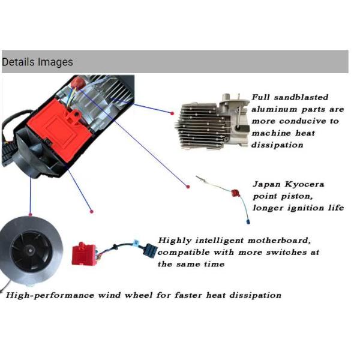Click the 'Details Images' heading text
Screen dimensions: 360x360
point(37,62)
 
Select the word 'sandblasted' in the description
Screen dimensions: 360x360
point(301,97)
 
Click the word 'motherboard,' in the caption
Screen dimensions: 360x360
point(279,241)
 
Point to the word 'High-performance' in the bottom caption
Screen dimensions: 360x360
point(50,295)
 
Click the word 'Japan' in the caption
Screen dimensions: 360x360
point(266,184)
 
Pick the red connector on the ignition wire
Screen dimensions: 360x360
point(235,193)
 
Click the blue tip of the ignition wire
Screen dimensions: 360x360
point(248,221)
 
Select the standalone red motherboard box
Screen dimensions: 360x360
point(83,254)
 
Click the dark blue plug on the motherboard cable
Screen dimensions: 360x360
point(151,250)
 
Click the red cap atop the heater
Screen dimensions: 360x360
point(78,82)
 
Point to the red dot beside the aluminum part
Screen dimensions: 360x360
point(172,113)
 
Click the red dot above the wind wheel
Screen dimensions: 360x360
point(31,214)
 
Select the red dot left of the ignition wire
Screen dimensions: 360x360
point(188,187)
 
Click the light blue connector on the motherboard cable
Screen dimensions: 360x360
point(136,242)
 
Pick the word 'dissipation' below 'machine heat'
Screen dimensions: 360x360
point(277,145)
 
